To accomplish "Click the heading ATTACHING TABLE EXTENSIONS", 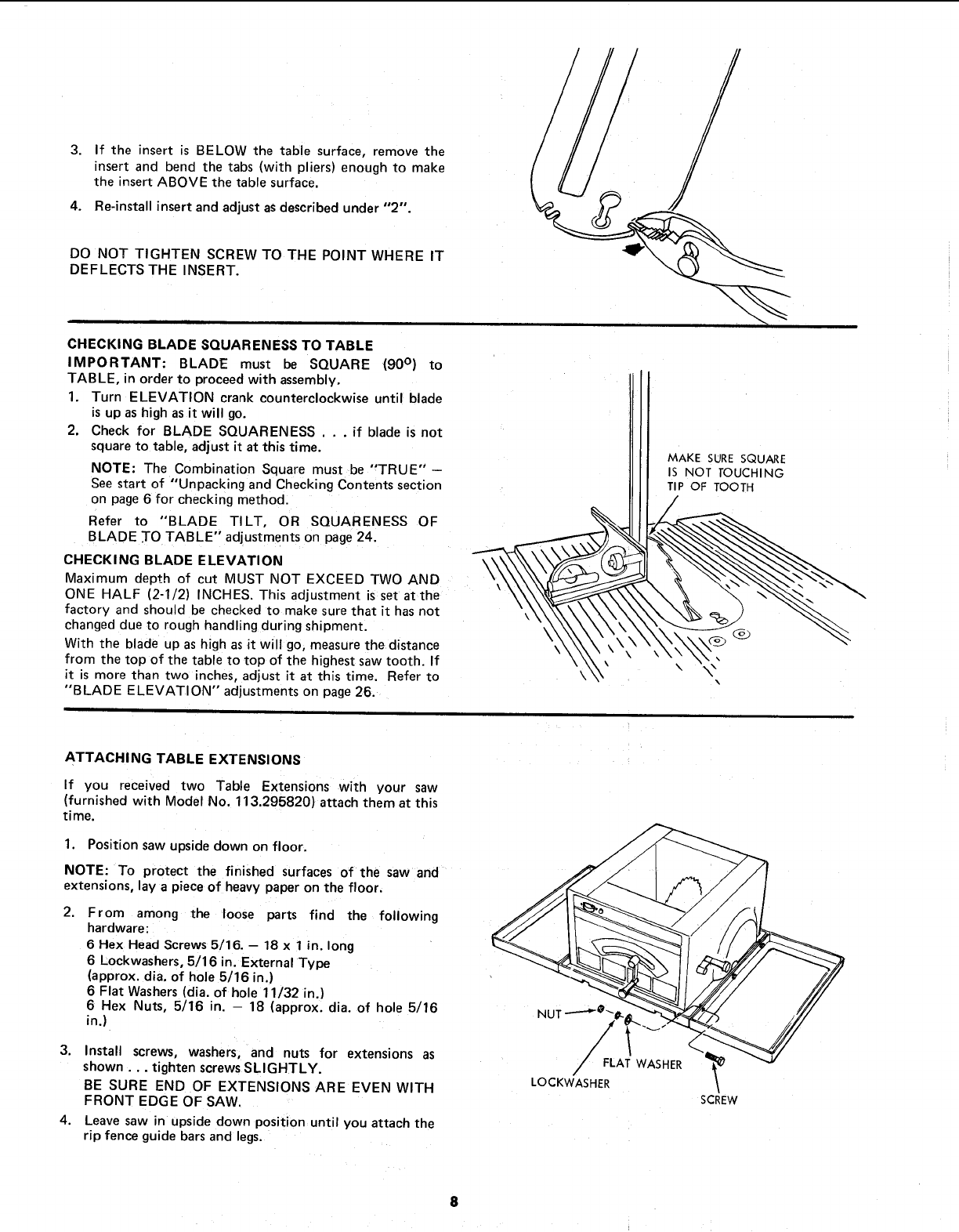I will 182,759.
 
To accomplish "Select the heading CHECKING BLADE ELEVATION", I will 172,560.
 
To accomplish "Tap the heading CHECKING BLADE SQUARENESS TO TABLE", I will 221,345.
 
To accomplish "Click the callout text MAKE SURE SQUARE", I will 726,458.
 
